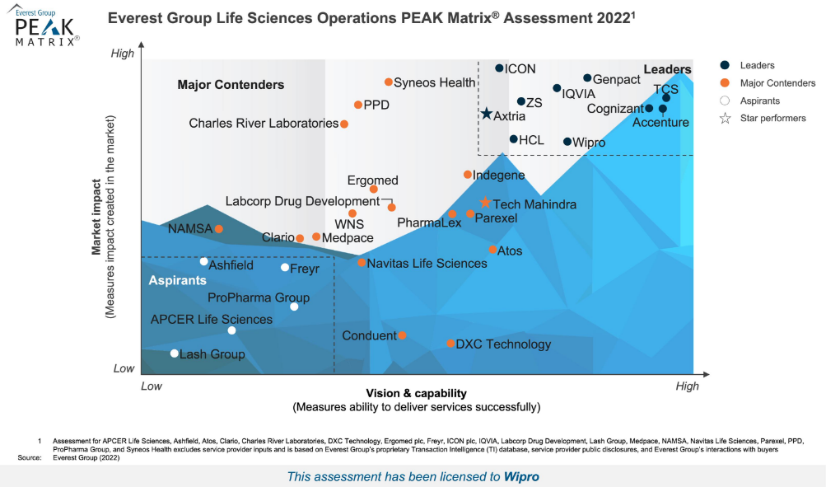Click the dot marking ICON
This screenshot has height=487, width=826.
coord(499,68)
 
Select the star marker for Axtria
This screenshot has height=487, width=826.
coord(487,114)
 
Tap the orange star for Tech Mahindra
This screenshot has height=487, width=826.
coord(486,203)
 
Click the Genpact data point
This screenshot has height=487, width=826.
coord(587,78)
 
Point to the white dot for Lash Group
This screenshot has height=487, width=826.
coord(175,354)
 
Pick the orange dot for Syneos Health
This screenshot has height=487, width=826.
coord(389,82)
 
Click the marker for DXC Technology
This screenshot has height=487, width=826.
coord(450,344)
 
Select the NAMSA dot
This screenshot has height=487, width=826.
coord(219,229)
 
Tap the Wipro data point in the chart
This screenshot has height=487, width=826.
coord(567,142)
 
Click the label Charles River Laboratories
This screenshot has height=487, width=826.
coord(264,124)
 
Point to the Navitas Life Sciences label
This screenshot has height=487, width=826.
coord(427,264)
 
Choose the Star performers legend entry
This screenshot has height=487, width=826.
coord(772,119)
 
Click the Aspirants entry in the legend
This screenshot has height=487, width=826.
coord(759,101)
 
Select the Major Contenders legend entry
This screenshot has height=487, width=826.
coord(777,83)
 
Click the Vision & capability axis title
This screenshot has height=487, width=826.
coord(416,393)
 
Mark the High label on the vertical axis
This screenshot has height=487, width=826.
coord(122,54)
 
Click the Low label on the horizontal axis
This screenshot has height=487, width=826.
coord(152,386)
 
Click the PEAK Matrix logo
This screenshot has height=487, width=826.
coord(48,26)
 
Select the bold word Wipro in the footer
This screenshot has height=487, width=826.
coord(521,476)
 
